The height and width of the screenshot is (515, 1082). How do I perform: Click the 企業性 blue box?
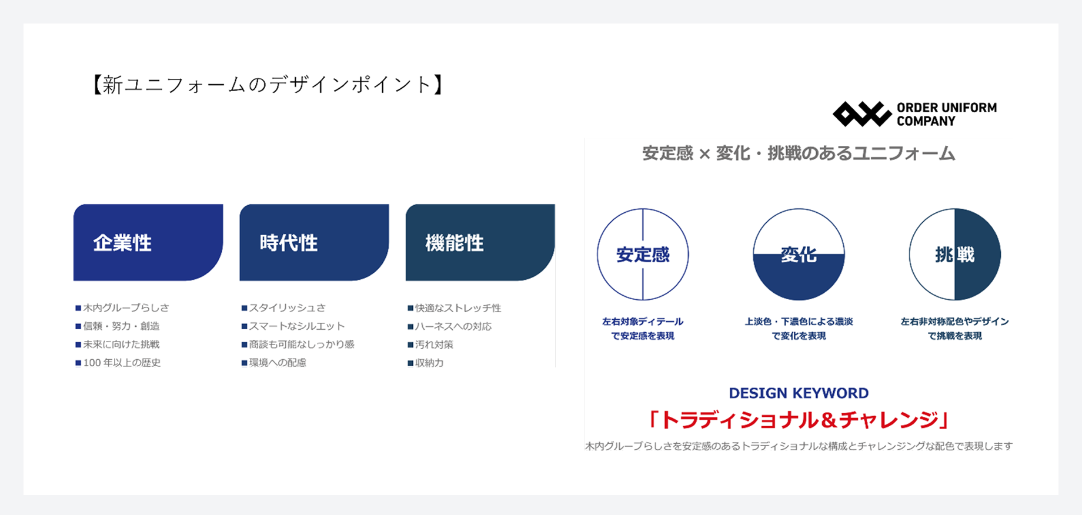click(148, 242)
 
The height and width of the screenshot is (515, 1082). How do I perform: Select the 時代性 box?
click(314, 242)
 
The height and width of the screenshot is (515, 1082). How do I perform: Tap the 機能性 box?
click(480, 242)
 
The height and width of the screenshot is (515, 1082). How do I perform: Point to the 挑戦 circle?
click(955, 255)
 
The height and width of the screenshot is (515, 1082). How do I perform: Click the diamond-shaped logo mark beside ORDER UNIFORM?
click(862, 114)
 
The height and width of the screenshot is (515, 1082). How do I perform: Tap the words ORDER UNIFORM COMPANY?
click(947, 114)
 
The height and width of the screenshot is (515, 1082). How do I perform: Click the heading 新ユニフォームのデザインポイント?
click(267, 85)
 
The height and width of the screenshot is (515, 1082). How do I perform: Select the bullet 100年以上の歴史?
click(118, 363)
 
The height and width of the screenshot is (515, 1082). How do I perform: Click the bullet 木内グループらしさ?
click(122, 307)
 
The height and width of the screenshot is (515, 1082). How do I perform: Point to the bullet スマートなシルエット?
click(293, 326)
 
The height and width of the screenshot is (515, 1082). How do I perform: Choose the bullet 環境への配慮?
click(273, 363)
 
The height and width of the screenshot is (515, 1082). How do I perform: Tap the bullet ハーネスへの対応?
click(449, 326)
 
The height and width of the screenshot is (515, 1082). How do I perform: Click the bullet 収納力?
click(426, 363)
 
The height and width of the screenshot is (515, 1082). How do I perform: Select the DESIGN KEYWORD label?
click(799, 393)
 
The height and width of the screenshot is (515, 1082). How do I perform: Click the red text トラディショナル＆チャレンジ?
click(799, 420)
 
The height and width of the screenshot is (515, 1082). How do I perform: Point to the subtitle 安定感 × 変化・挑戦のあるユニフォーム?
click(799, 153)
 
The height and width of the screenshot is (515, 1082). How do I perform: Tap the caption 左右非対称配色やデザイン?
click(955, 322)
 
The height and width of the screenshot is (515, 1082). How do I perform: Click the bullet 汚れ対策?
click(430, 345)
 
